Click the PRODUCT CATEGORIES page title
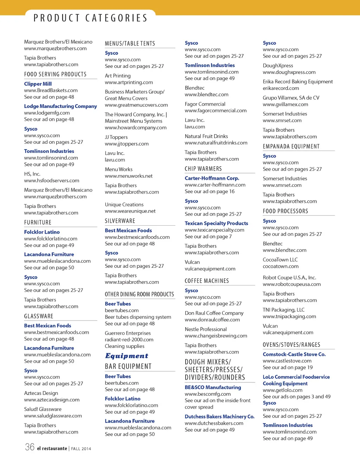pyautogui.click(x=90, y=18)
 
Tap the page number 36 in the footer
pyautogui.click(x=30, y=447)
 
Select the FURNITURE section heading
pyautogui.click(x=38, y=222)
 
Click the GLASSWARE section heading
pyautogui.click(x=39, y=316)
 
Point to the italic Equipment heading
pyautogui.click(x=127, y=356)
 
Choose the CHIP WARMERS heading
pyautogui.click(x=203, y=169)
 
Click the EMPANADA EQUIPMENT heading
pyautogui.click(x=291, y=147)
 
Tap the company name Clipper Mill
pyautogui.click(x=38, y=84)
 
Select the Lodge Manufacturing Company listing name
pyautogui.click(x=60, y=106)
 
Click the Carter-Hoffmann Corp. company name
pyautogui.click(x=212, y=178)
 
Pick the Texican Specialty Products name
pyautogui.click(x=216, y=223)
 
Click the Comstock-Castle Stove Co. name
pyautogui.click(x=294, y=354)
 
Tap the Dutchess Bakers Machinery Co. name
pyautogui.click(x=219, y=416)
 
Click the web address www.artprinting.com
pyautogui.click(x=129, y=82)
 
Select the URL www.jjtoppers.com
pyautogui.click(x=127, y=144)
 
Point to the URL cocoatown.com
pyautogui.click(x=281, y=266)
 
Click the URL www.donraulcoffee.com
pyautogui.click(x=212, y=320)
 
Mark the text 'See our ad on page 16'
pyautogui.click(x=210, y=192)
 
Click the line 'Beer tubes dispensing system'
pyautogui.click(x=138, y=317)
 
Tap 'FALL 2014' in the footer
pyautogui.click(x=81, y=449)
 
